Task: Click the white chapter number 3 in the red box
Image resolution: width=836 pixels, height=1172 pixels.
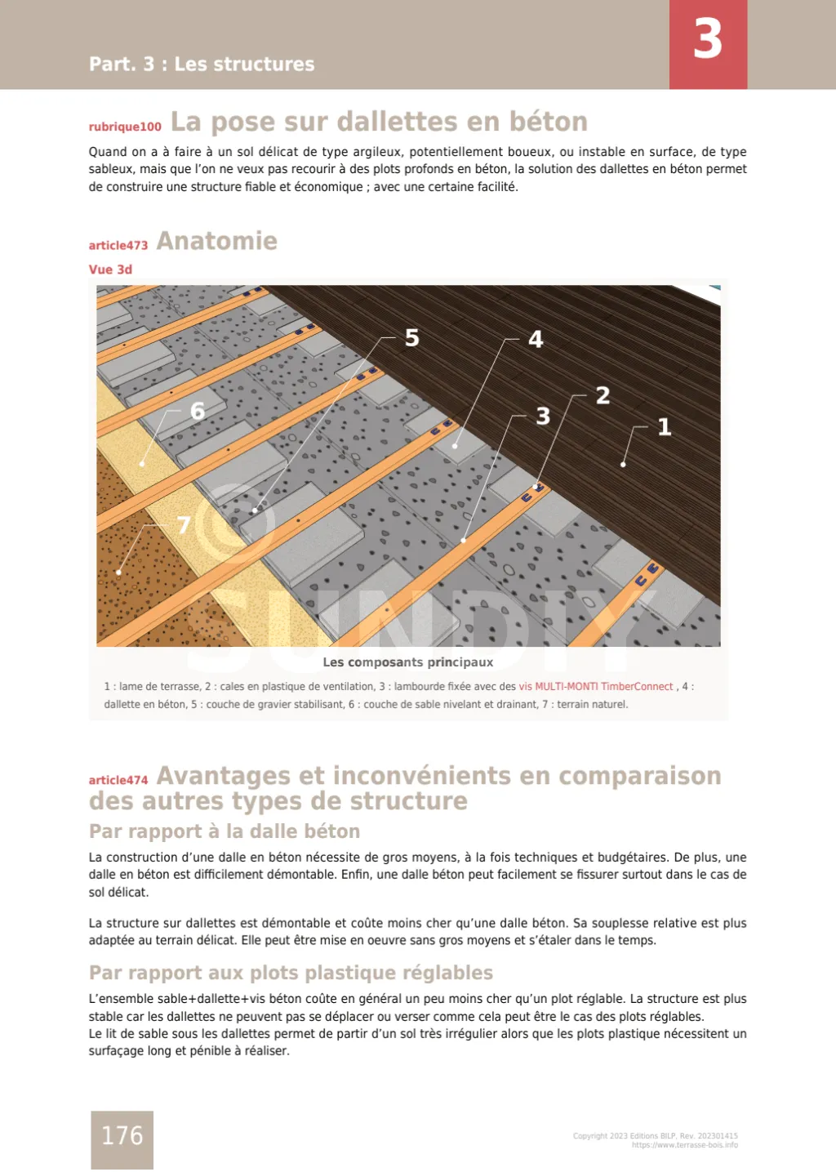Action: tap(707, 39)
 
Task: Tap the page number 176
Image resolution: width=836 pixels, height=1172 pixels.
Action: tap(122, 1136)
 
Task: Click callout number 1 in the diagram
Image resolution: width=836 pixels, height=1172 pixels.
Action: tap(665, 426)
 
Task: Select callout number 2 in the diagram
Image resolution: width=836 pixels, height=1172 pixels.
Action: tap(603, 396)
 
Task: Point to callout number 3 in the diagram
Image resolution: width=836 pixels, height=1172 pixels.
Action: tap(543, 417)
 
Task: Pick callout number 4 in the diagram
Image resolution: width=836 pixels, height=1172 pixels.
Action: tap(536, 339)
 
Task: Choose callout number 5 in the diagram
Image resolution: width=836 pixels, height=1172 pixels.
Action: tap(412, 338)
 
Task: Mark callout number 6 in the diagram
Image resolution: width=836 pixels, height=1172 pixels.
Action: tap(197, 411)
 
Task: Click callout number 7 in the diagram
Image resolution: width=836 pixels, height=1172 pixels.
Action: tap(184, 525)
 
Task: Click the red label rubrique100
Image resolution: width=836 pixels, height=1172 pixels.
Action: tap(125, 127)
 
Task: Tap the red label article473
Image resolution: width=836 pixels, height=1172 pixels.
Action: tap(118, 245)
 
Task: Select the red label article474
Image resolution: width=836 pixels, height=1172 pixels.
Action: tap(118, 780)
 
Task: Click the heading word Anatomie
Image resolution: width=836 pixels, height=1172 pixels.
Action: tap(217, 241)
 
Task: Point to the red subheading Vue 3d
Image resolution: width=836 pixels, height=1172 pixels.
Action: tap(110, 270)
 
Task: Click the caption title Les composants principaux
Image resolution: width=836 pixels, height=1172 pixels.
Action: tap(407, 662)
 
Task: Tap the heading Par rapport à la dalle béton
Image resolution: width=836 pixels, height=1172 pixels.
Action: tap(225, 831)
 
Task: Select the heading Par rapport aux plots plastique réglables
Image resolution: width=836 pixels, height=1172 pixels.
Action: tap(291, 973)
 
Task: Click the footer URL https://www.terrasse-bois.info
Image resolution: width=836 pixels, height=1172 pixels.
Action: tap(684, 1145)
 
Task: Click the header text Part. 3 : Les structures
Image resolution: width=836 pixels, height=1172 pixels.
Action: tap(202, 64)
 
